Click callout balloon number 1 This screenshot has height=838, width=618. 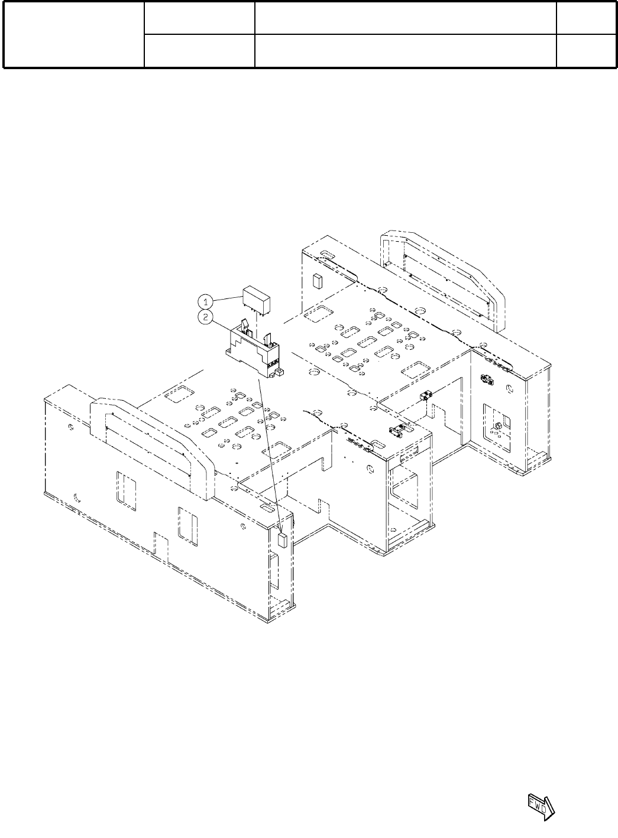tap(205, 302)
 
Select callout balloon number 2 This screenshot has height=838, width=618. tap(205, 317)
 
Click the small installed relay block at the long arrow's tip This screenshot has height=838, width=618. tap(282, 541)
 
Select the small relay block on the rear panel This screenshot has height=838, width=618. tap(318, 281)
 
